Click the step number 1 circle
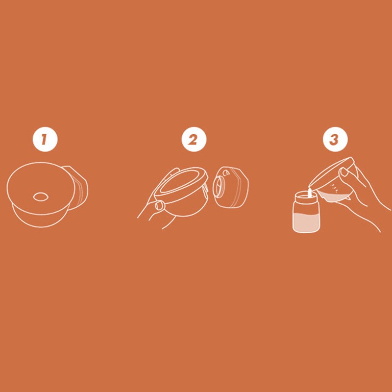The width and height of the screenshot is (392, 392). pyautogui.click(x=45, y=139)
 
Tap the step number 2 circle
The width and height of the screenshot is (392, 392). pyautogui.click(x=194, y=139)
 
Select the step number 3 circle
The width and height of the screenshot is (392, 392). pyautogui.click(x=335, y=139)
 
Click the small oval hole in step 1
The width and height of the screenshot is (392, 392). pyautogui.click(x=41, y=196)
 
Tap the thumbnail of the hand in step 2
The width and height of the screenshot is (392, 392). pyautogui.click(x=158, y=206)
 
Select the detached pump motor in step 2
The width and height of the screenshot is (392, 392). pyautogui.click(x=230, y=187)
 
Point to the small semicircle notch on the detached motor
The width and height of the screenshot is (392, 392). pyautogui.click(x=226, y=173)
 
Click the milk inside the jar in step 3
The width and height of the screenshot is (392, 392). pyautogui.click(x=306, y=222)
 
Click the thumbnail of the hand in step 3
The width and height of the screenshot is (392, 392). pyautogui.click(x=343, y=172)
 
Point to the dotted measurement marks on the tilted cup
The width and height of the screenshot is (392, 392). pyautogui.click(x=334, y=188)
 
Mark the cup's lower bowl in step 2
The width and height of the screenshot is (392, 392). pyautogui.click(x=182, y=207)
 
